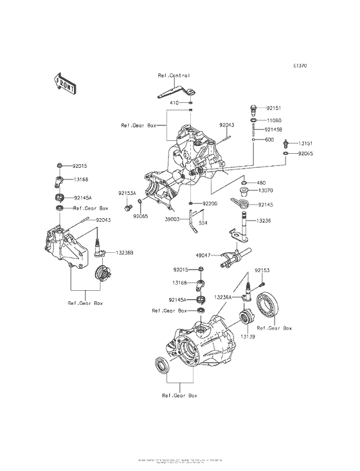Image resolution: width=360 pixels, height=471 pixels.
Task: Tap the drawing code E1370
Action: click(301, 66)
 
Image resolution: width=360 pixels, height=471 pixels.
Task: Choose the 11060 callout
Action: click(274, 120)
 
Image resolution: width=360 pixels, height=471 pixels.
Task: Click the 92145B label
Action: click(275, 129)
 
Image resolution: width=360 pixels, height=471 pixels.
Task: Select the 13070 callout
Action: click(267, 190)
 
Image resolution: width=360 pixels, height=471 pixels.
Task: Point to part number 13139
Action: click(249, 337)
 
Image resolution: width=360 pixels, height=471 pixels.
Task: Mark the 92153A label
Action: click(127, 193)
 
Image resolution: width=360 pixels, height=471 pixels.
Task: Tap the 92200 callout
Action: click(212, 203)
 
